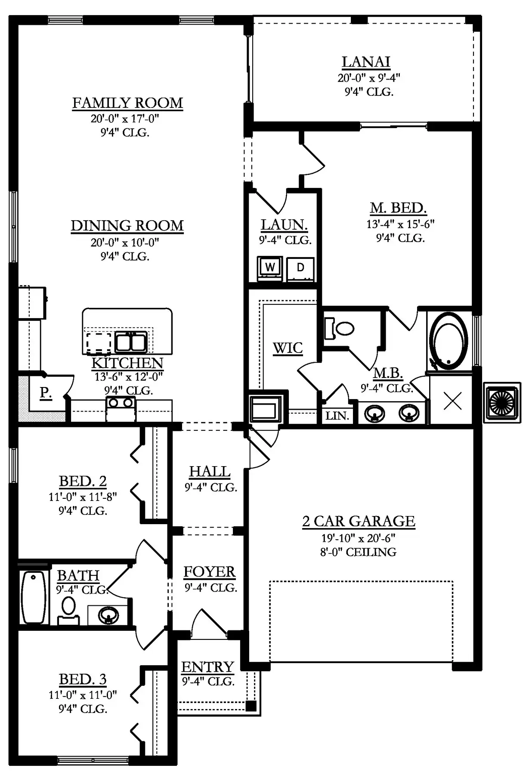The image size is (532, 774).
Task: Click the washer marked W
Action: point(270,268)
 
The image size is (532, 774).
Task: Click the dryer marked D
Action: point(300,268)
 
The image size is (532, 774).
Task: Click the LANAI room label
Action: point(366,62)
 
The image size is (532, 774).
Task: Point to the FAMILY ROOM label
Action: point(127,103)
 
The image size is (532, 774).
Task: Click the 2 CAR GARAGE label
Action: point(359,521)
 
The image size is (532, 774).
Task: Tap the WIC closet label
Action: point(288,348)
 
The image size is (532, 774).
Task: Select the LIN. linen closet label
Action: point(337,416)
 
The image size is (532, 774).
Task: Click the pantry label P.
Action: point(46,393)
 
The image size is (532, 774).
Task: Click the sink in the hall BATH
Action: point(108,615)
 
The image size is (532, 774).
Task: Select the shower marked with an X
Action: point(452,401)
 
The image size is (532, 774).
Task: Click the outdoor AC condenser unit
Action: point(502,402)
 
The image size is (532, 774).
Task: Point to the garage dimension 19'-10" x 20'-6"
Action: point(358,538)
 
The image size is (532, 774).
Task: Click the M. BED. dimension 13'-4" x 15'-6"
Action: point(400,224)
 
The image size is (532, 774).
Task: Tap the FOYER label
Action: point(210,572)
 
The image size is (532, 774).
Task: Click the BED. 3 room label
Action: point(83,679)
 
